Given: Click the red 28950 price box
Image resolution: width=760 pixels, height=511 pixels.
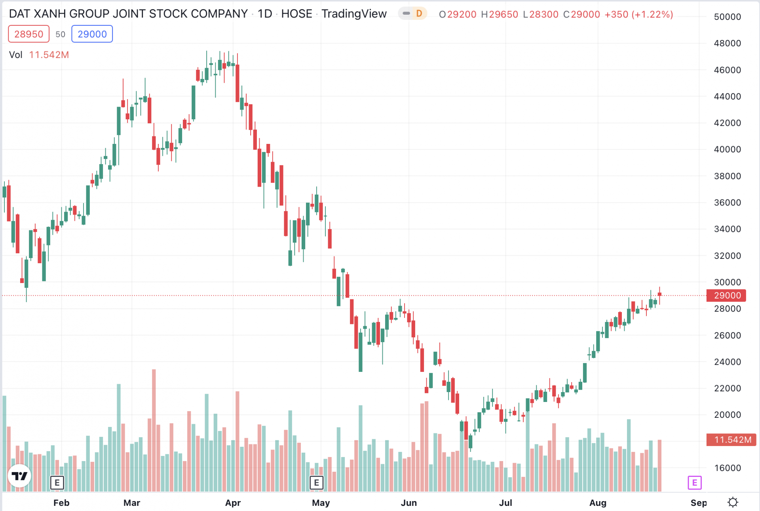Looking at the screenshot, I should click(28, 34).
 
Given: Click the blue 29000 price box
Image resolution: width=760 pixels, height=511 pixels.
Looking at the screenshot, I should click(92, 34).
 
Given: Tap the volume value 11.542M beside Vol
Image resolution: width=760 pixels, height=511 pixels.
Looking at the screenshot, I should click(49, 55).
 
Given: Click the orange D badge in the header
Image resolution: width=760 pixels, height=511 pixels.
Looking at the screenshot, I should click(419, 13).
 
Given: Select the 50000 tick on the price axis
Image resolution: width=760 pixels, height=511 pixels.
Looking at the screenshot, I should click(727, 17).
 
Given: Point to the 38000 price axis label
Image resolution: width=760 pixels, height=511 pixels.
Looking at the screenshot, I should click(727, 176).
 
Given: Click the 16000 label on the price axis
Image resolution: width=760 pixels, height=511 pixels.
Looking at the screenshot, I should click(727, 468).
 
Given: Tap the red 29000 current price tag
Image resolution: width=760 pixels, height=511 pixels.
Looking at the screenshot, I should click(727, 295).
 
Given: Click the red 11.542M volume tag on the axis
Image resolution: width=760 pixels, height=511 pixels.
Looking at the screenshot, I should click(731, 440).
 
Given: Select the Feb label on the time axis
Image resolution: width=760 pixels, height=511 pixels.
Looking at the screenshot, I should click(61, 503).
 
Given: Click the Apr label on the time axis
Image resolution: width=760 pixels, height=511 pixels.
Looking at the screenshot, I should click(233, 503).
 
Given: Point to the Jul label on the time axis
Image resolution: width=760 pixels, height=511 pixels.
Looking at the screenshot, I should click(505, 503).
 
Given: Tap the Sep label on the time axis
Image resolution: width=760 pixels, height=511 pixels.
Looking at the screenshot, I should click(698, 503).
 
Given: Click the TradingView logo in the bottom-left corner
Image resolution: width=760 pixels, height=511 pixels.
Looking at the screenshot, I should click(19, 476).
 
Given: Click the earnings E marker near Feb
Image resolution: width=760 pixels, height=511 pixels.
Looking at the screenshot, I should click(57, 482).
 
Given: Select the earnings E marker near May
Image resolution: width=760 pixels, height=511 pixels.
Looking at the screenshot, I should click(316, 482).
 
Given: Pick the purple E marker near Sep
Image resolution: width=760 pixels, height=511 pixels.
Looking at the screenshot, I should click(695, 482).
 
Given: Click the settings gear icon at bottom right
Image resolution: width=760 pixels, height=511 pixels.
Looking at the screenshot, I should click(733, 502).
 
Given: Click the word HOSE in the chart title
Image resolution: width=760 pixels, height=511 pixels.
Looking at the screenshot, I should click(296, 14).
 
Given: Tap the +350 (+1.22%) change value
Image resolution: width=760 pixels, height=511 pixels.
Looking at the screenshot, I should click(638, 14).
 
